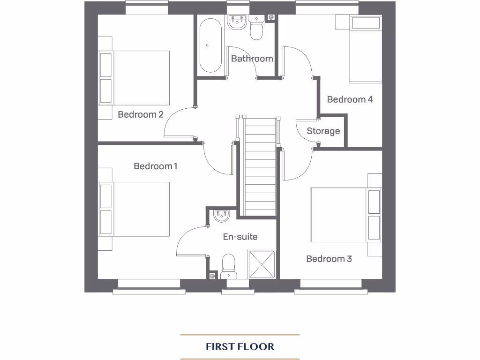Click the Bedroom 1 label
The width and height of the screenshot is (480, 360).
pos(155,166)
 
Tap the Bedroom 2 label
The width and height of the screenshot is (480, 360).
pos(140,114)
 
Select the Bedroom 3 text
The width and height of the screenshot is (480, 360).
pos(329,259)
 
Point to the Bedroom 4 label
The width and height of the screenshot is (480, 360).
pos(350,99)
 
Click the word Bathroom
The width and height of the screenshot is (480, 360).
pos(252,59)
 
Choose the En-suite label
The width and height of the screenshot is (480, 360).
pos(240,237)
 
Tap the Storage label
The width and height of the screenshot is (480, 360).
pos(323,131)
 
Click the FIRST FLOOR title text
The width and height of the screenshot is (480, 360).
pos(240,347)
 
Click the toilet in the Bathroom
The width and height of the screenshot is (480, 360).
pos(256,29)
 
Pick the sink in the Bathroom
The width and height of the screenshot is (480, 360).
pos(237,22)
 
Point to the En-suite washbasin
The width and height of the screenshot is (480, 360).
pos(221,216)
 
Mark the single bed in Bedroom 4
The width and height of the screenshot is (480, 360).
pos(366,49)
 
